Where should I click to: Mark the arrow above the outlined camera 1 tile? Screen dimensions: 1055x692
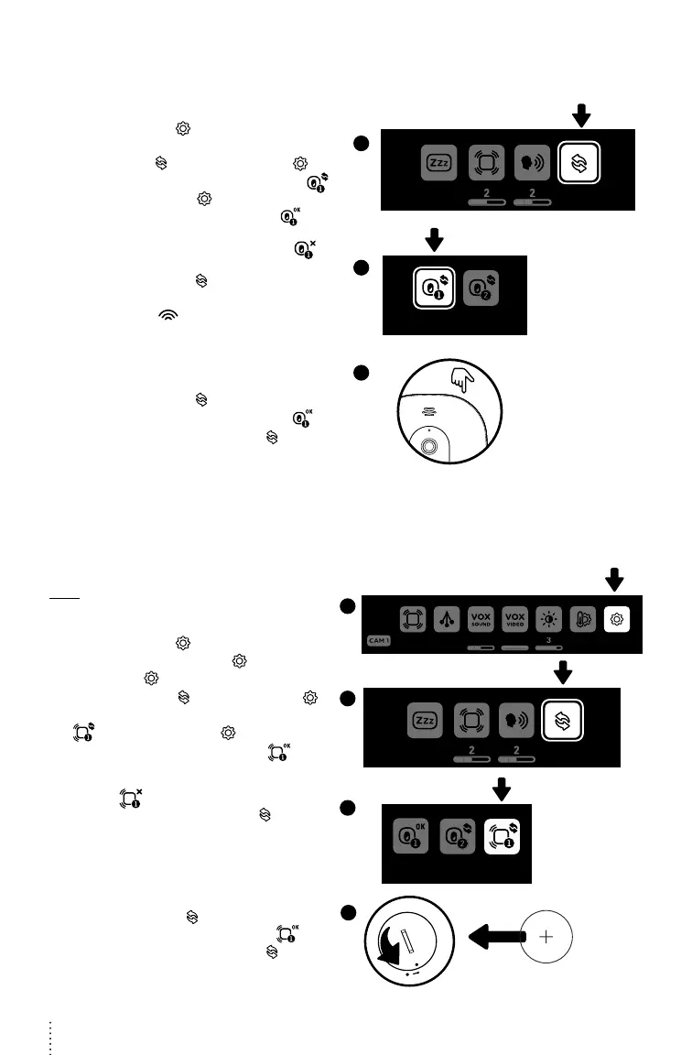coord(434,240)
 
